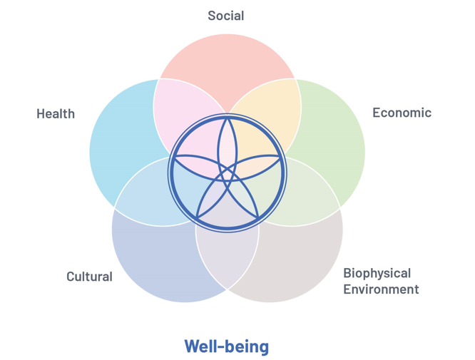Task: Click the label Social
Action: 225,16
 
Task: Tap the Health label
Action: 56,113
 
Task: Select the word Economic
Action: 402,113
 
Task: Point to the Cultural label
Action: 89,277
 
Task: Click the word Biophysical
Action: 377,273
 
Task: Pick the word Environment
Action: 381,289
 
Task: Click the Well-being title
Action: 227,346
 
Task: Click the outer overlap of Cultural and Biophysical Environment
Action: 227,260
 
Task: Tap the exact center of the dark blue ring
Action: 227,172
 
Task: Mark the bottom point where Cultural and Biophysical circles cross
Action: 227,289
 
